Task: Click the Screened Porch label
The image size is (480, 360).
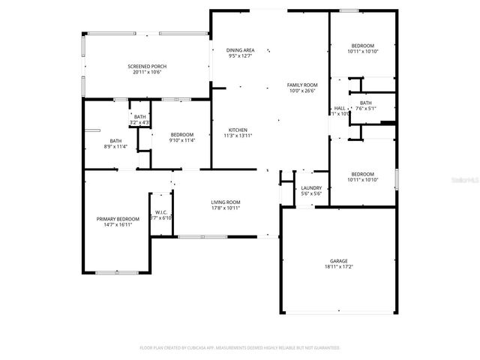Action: (147, 67)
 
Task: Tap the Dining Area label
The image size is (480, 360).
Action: (240, 49)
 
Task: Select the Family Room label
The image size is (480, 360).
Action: (302, 85)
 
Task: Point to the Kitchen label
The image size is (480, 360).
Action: (237, 130)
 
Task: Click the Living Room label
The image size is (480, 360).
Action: (225, 202)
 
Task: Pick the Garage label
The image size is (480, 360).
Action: (337, 261)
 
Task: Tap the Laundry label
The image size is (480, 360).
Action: (311, 188)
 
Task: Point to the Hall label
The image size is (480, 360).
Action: (339, 108)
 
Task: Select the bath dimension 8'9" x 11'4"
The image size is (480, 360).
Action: (115, 146)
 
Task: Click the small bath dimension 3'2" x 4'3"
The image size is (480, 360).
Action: (140, 122)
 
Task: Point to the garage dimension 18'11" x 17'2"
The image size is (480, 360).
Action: (337, 267)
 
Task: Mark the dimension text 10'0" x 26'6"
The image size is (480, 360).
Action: (302, 91)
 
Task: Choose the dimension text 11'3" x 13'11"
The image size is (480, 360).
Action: (237, 136)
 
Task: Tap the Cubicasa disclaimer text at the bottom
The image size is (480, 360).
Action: (240, 348)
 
